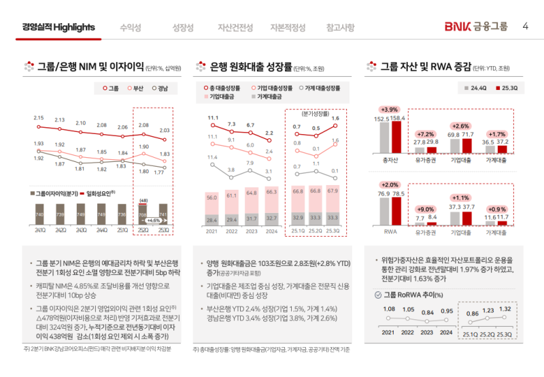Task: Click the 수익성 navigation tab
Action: click(130, 27)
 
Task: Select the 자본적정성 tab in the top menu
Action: click(288, 27)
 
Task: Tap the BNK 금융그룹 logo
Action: click(476, 27)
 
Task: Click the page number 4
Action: click(525, 27)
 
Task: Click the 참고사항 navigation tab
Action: click(340, 27)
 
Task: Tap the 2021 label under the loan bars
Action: click(212, 230)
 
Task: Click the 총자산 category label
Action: click(389, 161)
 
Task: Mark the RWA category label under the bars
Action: click(389, 231)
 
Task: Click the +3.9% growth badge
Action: click(390, 110)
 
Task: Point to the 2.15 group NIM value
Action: click(39, 118)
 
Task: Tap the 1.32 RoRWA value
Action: click(505, 309)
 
